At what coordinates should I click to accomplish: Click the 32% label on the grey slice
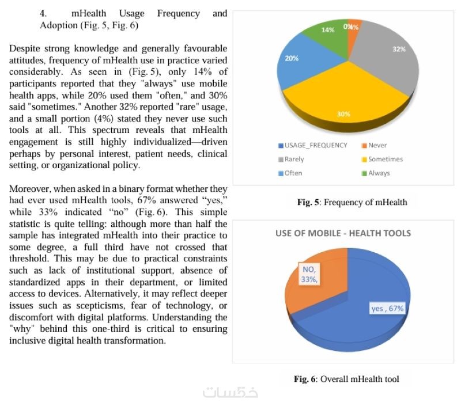coord(399,50)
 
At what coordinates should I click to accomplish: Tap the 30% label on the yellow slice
coord(343,114)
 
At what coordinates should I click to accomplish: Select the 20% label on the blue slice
coord(292,58)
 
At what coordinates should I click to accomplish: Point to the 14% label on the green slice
coord(328,30)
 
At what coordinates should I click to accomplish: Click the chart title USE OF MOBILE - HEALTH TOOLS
coord(343,233)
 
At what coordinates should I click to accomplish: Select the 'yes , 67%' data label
coord(387,309)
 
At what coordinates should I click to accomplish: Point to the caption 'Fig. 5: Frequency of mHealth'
coord(352,202)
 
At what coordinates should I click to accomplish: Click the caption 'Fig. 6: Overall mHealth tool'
coord(346,379)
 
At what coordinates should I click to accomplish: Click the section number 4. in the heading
coord(43,13)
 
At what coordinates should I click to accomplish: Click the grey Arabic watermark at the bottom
coord(231,393)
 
